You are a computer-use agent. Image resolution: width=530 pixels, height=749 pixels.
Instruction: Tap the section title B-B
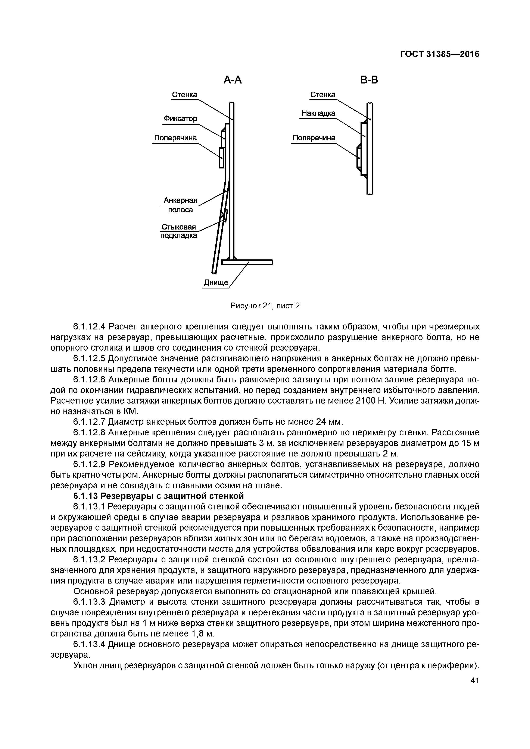pos(369,80)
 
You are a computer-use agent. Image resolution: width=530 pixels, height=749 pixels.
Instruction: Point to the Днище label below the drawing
pos(216,282)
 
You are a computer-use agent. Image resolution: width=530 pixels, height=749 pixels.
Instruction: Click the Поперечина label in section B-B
pos(314,138)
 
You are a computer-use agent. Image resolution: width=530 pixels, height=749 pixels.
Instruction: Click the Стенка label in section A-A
pos(184,95)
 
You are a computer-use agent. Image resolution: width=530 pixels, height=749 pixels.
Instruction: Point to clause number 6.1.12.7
pos(90,422)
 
